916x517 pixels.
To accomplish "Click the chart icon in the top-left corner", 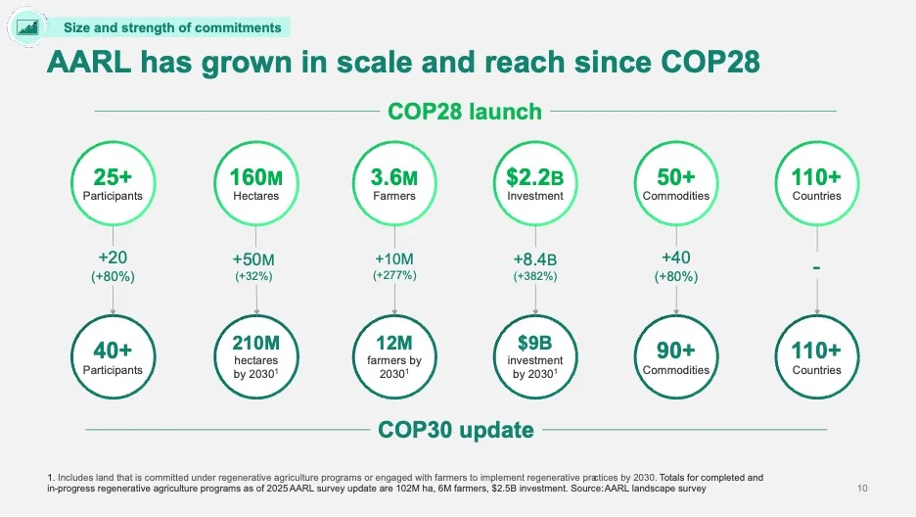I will point(25,27).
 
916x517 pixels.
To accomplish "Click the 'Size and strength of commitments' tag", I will point(172,27).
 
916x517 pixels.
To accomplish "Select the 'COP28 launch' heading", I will point(465,111).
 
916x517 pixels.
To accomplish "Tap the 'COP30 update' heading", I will point(455,429).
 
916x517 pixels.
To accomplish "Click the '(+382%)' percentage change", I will point(535,276).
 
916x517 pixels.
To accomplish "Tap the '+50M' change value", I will point(252,259).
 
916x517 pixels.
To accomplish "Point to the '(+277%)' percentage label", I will point(395,276).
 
